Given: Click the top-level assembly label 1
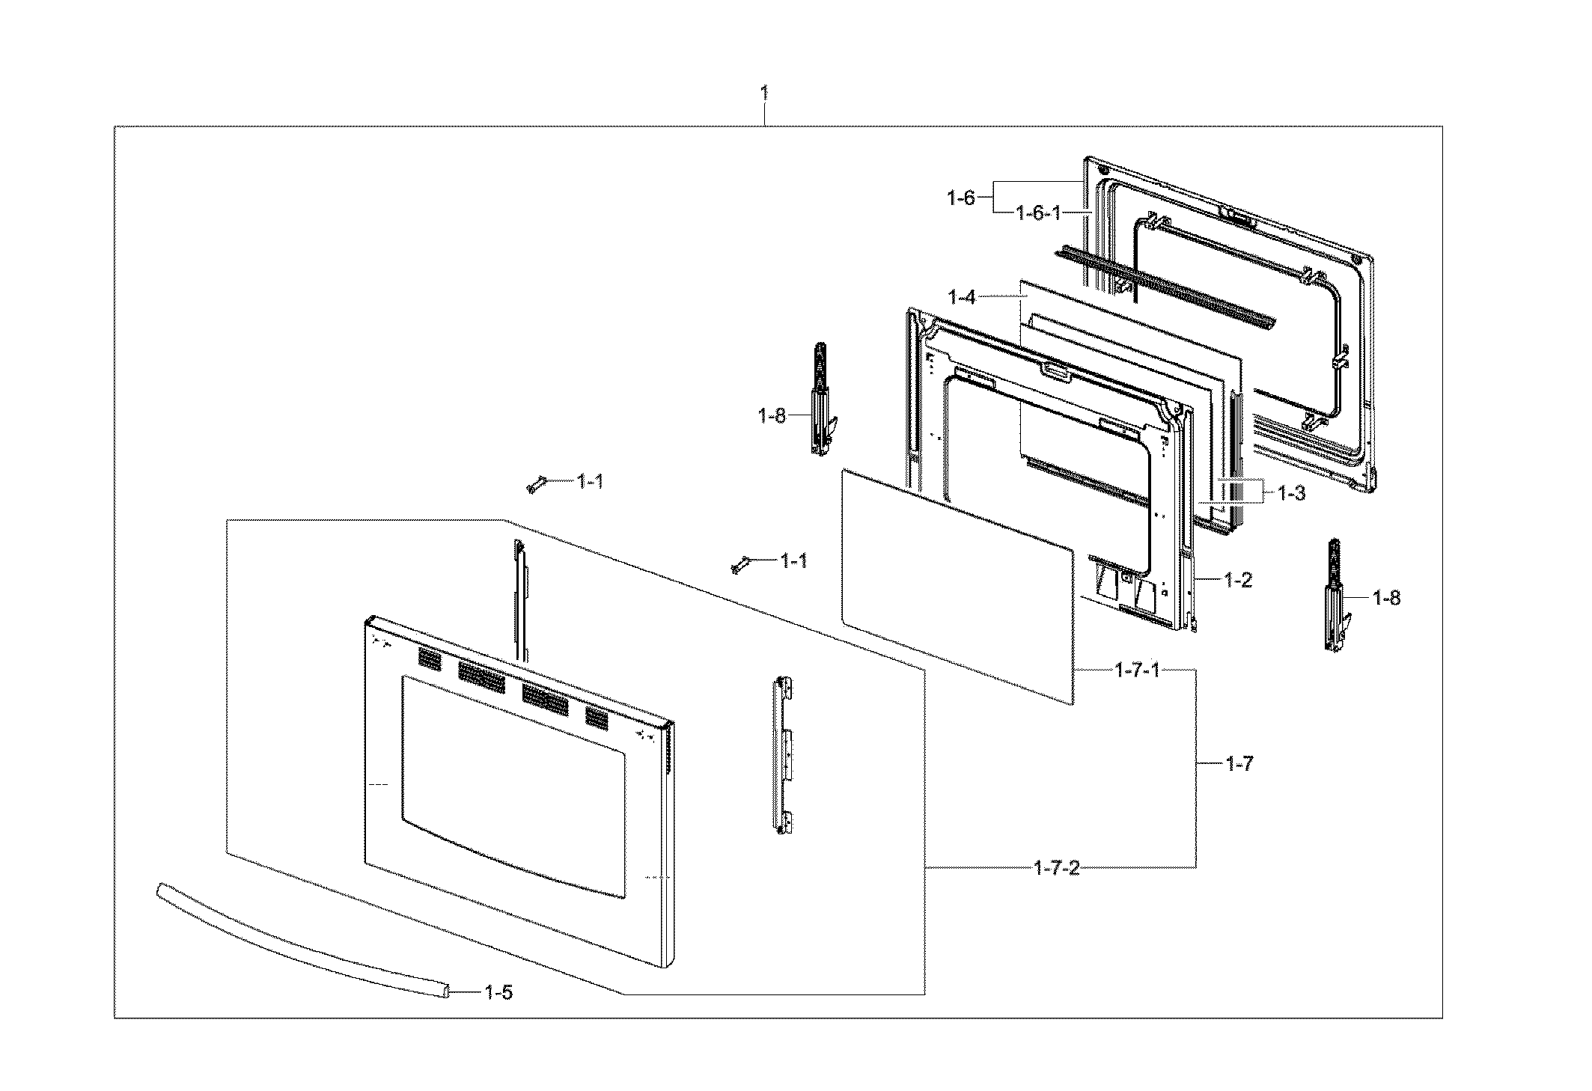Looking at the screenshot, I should [x=763, y=94].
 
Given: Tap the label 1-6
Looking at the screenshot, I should [x=961, y=198].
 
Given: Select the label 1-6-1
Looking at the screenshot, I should [x=1038, y=213].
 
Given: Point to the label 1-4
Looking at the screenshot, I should [x=962, y=297].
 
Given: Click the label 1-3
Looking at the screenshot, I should [x=1291, y=493].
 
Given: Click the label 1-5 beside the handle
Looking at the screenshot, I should [x=498, y=993].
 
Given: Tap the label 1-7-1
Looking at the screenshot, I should [x=1137, y=670].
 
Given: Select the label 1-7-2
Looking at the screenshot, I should [x=1056, y=868].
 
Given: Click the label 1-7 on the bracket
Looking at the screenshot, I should [x=1239, y=764].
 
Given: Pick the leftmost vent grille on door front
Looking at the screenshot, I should [x=429, y=659].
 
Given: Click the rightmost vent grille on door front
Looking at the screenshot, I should [x=597, y=719].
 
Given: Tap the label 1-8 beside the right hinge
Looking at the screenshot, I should [x=1386, y=598].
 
